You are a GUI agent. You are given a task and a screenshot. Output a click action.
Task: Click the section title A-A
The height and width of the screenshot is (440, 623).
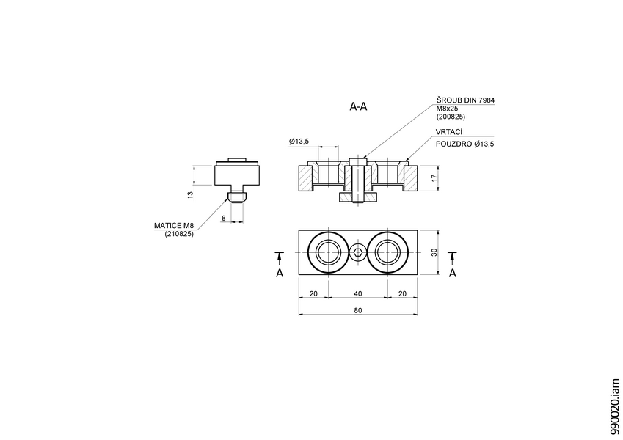(x=358, y=107)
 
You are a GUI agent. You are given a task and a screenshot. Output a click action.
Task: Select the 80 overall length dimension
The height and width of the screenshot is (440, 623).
(x=358, y=310)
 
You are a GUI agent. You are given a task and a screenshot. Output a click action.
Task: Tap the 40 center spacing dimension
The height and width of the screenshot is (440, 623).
(x=358, y=293)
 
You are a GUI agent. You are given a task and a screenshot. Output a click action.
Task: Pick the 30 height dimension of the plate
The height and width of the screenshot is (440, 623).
(x=434, y=252)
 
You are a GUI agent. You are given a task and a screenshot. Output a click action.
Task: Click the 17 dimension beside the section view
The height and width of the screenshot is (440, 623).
(x=434, y=178)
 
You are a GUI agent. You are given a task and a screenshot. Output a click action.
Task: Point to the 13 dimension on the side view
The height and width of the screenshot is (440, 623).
(x=190, y=195)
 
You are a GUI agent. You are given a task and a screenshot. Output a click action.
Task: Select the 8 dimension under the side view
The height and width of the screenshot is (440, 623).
(x=224, y=218)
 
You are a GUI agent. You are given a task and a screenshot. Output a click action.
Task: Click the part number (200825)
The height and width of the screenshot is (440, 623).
(x=451, y=117)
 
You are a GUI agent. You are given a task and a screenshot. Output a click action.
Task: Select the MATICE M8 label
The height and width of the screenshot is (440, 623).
(x=173, y=225)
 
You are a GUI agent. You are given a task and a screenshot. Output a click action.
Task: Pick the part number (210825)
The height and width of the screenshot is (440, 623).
(x=179, y=234)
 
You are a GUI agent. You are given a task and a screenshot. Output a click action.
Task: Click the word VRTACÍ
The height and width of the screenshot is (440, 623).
(x=449, y=131)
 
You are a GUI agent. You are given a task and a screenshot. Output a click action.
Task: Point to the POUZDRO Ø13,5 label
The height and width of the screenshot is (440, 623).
(x=465, y=144)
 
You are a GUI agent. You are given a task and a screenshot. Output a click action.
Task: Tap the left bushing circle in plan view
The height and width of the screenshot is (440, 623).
(x=328, y=252)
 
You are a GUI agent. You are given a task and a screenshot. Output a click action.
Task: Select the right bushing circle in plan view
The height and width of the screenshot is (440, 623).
(x=387, y=252)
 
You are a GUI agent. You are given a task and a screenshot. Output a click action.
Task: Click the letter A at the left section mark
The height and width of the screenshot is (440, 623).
(x=279, y=273)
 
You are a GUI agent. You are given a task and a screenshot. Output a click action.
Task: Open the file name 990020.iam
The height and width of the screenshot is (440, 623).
(x=614, y=408)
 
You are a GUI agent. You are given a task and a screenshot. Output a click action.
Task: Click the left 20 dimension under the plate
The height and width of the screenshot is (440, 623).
(x=313, y=293)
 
